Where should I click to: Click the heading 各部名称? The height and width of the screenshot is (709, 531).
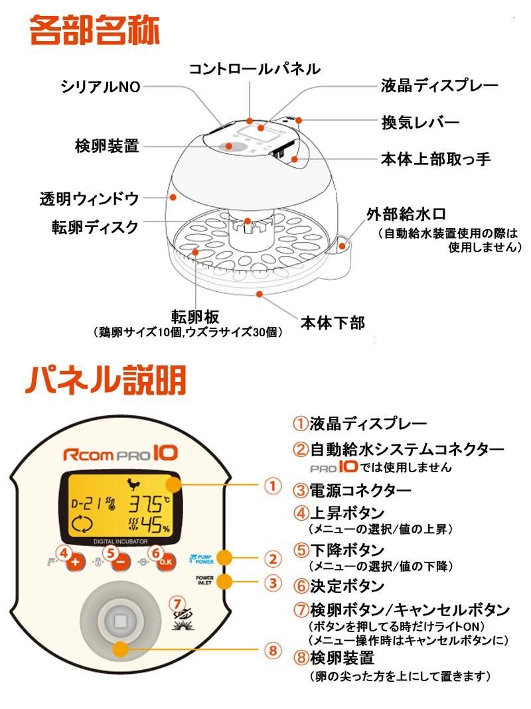[94, 32]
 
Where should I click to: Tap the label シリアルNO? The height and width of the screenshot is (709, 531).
[100, 87]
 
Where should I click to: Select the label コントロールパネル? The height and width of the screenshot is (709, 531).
[255, 68]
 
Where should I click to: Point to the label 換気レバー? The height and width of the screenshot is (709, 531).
[420, 123]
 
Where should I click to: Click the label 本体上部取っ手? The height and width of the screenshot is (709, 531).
[435, 159]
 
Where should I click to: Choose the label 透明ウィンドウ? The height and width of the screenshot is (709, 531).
[88, 198]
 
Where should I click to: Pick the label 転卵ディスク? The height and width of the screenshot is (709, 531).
[96, 227]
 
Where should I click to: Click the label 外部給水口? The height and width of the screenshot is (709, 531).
[406, 214]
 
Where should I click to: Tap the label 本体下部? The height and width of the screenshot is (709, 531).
[333, 323]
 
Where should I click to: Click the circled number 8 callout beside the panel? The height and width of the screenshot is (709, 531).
[271, 650]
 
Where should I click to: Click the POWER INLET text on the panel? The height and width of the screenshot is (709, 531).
[204, 582]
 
